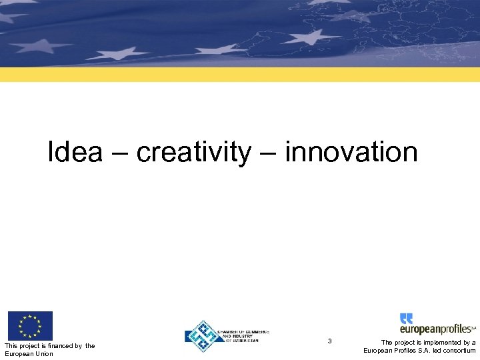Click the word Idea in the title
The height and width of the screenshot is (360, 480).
pyautogui.click(x=75, y=153)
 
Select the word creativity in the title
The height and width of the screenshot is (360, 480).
pyautogui.click(x=194, y=153)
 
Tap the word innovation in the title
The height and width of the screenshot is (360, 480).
pyautogui.click(x=351, y=153)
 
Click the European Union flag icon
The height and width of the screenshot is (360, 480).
pyautogui.click(x=30, y=326)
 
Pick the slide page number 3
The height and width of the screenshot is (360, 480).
pyautogui.click(x=329, y=341)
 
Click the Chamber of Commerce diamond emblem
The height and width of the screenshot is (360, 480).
pyautogui.click(x=203, y=335)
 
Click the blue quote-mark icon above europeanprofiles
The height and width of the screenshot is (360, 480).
pyautogui.click(x=406, y=318)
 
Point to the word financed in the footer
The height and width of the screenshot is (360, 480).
pyautogui.click(x=63, y=345)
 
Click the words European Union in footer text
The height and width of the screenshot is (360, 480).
pyautogui.click(x=29, y=353)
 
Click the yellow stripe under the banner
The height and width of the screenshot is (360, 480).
pyautogui.click(x=240, y=74)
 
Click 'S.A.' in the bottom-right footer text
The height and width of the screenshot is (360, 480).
pyautogui.click(x=419, y=351)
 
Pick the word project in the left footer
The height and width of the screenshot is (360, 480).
pyautogui.click(x=31, y=345)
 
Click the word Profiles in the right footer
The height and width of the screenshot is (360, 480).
pyautogui.click(x=399, y=351)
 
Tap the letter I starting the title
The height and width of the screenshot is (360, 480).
pyautogui.click(x=51, y=153)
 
